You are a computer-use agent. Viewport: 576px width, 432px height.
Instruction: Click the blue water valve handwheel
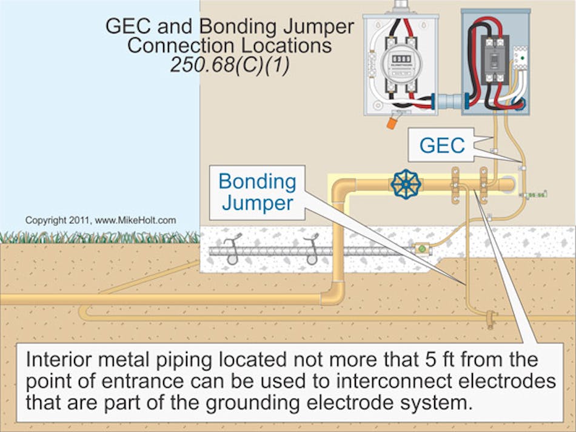tap(406, 184)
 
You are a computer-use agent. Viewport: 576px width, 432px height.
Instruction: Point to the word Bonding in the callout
tap(257, 181)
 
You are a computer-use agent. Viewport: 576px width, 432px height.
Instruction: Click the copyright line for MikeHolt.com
tap(101, 220)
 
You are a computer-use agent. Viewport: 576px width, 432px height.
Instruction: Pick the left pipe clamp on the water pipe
tap(454, 185)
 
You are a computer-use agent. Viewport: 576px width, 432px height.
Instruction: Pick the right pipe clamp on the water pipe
tap(483, 185)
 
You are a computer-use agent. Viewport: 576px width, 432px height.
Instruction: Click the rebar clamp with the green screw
tap(421, 248)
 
